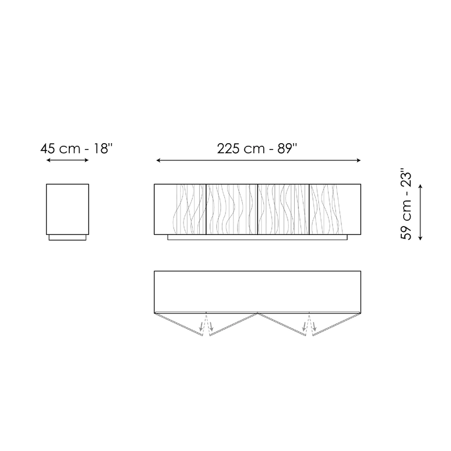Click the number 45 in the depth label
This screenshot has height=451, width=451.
point(48,149)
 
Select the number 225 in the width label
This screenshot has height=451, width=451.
point(228,149)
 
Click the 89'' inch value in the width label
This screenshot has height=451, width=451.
point(287,149)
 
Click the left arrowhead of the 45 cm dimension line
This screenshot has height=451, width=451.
point(48,160)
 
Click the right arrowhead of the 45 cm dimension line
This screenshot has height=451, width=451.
point(87,160)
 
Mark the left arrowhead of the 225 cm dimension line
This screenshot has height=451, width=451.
point(158,160)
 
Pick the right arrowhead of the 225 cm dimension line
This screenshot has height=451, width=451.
point(359,160)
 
